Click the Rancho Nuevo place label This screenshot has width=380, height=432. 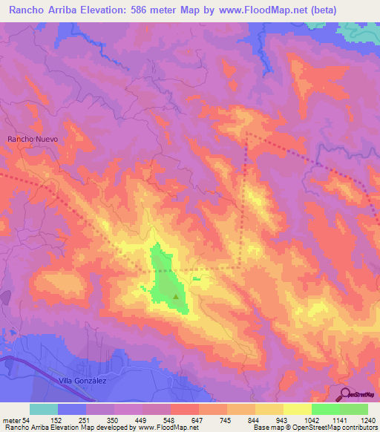pyautogui.click(x=32, y=139)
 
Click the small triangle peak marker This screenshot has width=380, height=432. pyautogui.click(x=176, y=297)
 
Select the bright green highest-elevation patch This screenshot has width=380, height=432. pyautogui.click(x=165, y=275)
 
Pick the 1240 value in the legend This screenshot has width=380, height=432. pyautogui.click(x=367, y=419)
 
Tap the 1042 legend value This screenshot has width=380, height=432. pyautogui.click(x=297, y=419)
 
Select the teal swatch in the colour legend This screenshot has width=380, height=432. pyautogui.click(x=44, y=409)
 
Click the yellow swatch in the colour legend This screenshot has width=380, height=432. pyautogui.click(x=298, y=409)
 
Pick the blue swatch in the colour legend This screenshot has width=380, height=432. pyautogui.click(x=72, y=409)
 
